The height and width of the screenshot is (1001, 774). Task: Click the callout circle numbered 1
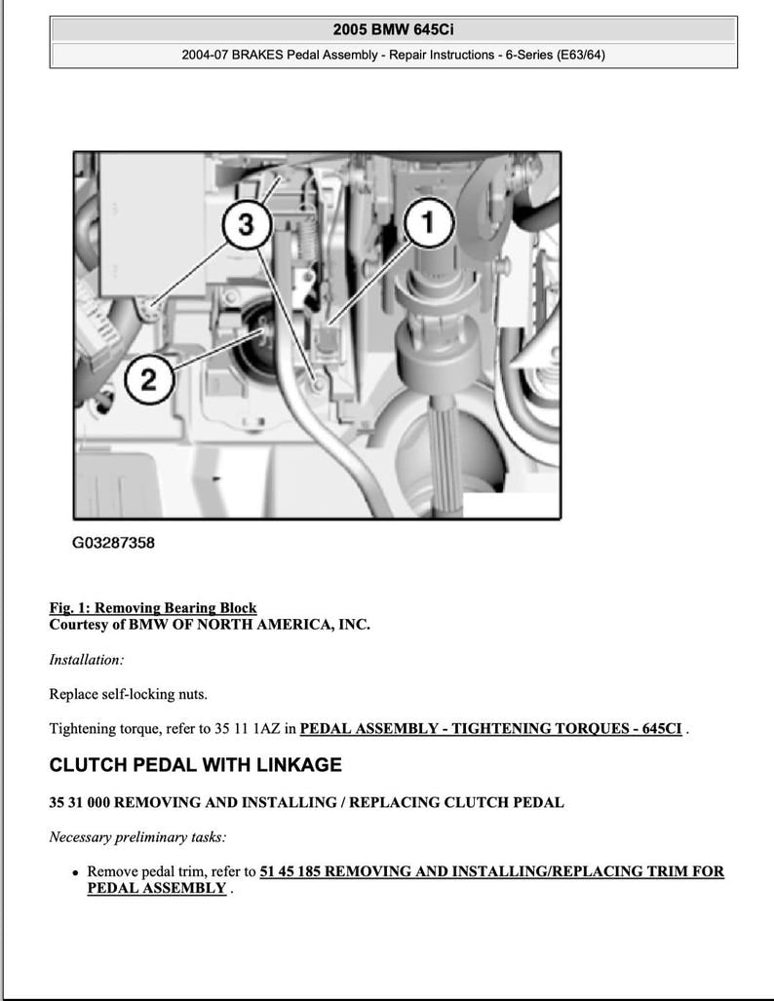point(427,223)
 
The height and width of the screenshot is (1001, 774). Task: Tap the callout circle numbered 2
point(148,378)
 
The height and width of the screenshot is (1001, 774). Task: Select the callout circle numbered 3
point(246,225)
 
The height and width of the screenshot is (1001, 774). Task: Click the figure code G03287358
point(113,543)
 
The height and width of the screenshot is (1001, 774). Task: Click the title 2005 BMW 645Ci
point(393,30)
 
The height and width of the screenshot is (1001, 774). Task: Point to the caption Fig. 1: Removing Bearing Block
point(153,608)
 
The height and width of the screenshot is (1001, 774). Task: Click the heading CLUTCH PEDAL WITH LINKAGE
point(195,765)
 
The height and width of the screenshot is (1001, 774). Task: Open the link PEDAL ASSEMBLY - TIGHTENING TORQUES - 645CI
point(490,728)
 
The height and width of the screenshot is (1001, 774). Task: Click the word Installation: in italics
point(87,660)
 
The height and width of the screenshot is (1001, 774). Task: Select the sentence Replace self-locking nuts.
point(128,694)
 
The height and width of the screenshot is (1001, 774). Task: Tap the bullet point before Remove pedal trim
point(75,872)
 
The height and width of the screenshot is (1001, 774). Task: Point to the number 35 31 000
point(81,803)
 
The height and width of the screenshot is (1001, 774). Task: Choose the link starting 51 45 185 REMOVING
point(491,871)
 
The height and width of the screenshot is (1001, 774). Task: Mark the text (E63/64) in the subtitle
point(580,55)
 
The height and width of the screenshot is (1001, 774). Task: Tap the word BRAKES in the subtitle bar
point(256,55)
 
